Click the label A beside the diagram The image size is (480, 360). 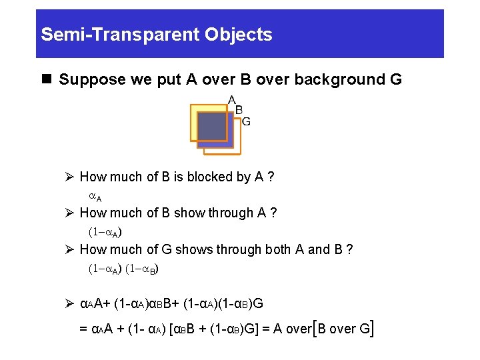tap(232, 100)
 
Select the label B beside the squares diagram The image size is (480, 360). tap(239, 111)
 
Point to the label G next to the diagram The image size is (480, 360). tap(246, 121)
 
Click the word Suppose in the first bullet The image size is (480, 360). tap(85, 80)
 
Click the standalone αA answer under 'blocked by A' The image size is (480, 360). tap(95, 197)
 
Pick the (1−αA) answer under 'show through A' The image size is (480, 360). tap(105, 233)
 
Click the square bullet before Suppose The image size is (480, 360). tap(46, 80)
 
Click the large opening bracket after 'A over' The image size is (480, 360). tap(315, 328)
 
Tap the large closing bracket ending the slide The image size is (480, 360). tap(370, 328)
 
